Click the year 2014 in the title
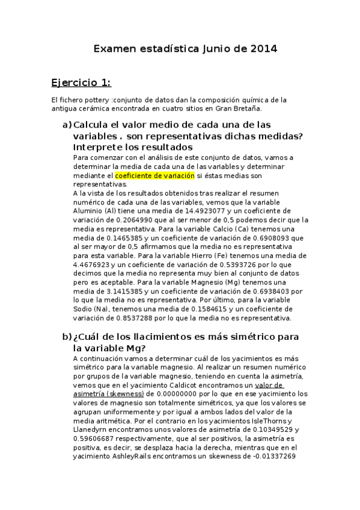point(264,49)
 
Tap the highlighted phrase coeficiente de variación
point(155,176)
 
